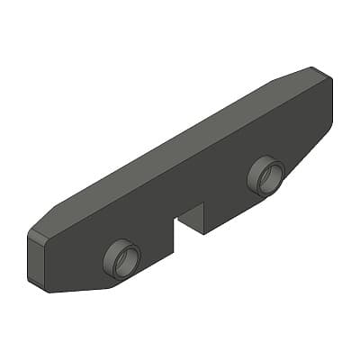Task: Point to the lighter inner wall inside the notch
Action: [x=192, y=216]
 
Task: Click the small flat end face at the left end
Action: [x=37, y=261]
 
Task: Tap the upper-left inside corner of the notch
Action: [x=174, y=220]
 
